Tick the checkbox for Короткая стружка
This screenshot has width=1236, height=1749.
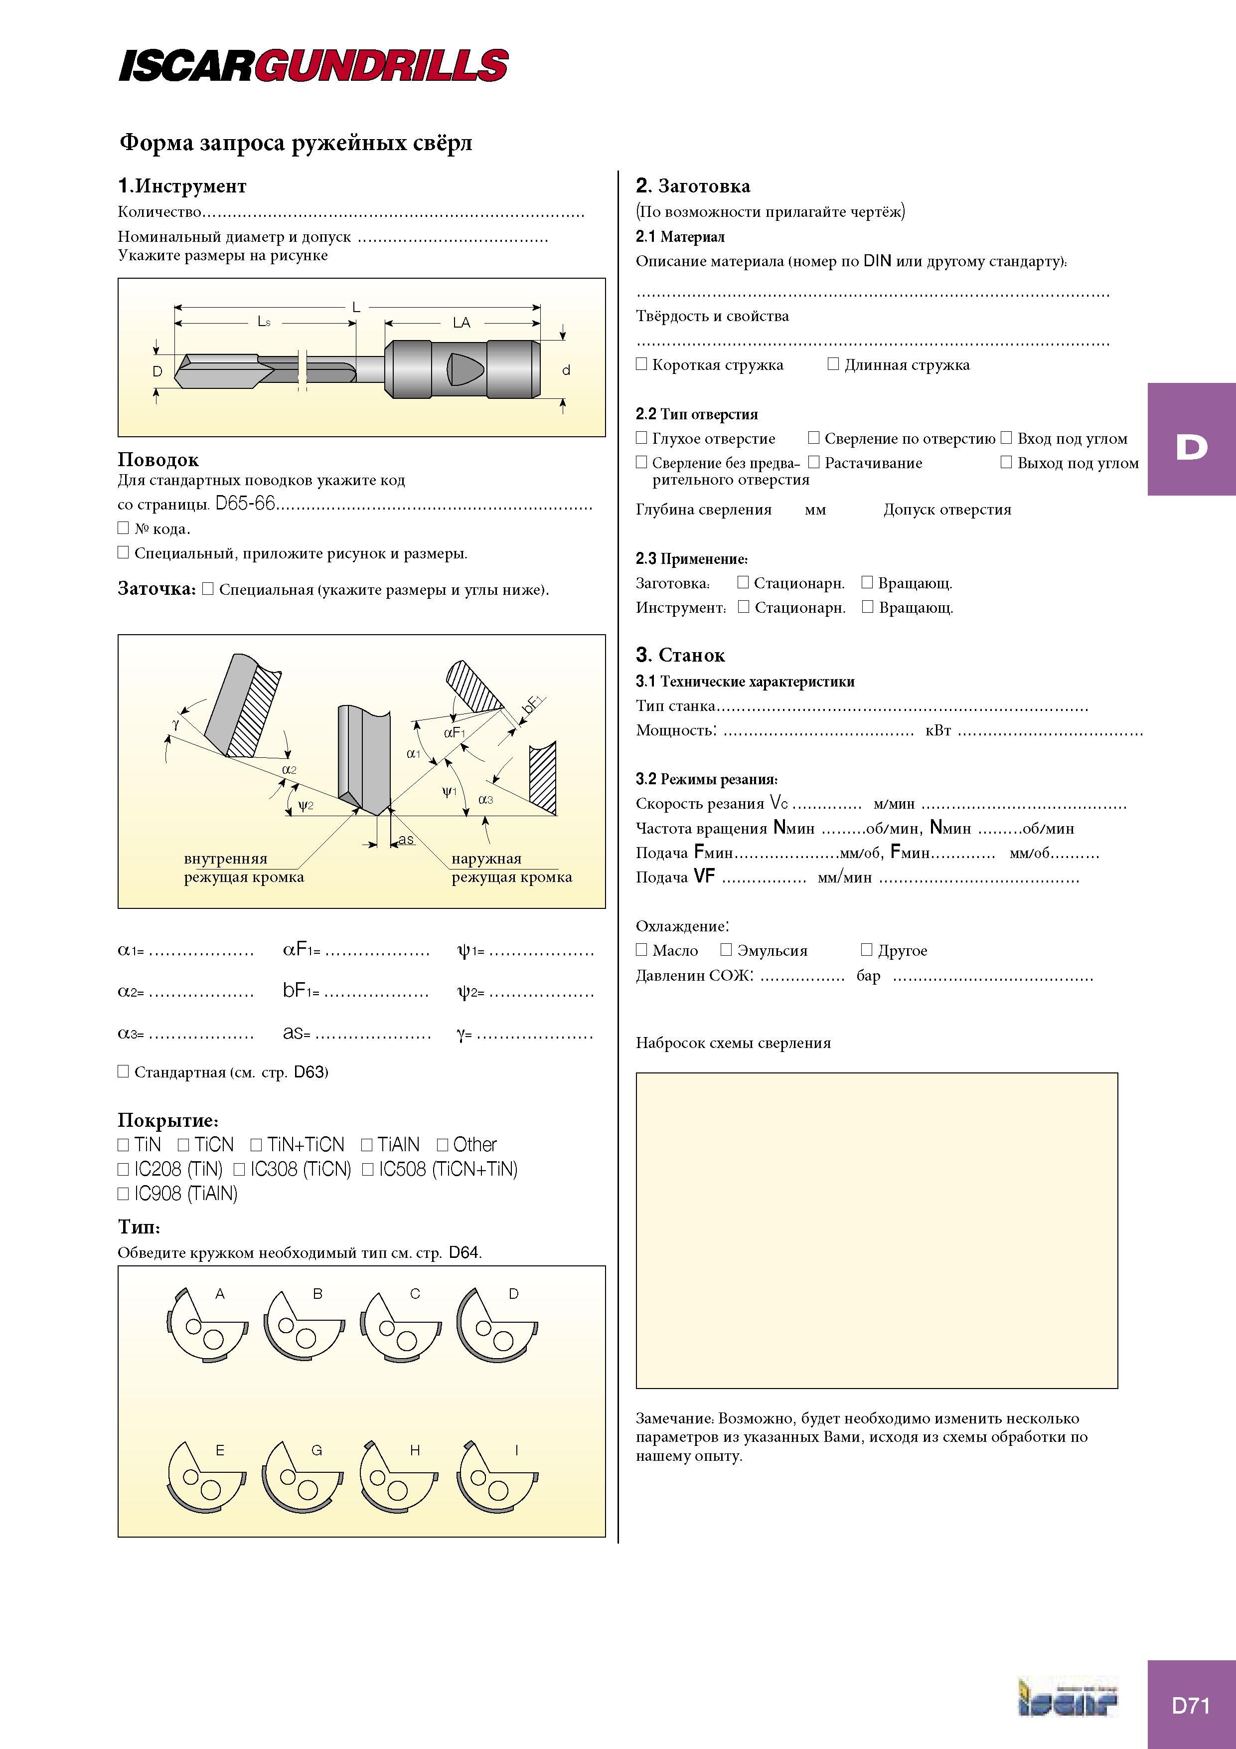click(x=641, y=364)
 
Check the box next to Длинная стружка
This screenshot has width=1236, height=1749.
click(x=833, y=364)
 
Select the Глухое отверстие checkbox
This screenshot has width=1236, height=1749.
click(x=641, y=438)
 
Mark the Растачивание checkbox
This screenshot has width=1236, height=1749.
click(x=813, y=462)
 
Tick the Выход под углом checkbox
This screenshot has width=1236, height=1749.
click(x=1006, y=462)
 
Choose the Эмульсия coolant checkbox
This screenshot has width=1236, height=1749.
click(x=726, y=950)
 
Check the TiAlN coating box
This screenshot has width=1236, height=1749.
click(x=366, y=1145)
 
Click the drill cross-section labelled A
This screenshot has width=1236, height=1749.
click(x=206, y=1326)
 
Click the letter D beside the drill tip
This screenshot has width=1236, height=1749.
click(x=157, y=371)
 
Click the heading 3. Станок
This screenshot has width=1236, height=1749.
click(x=680, y=655)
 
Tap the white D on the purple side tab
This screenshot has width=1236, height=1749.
click(x=1192, y=447)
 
